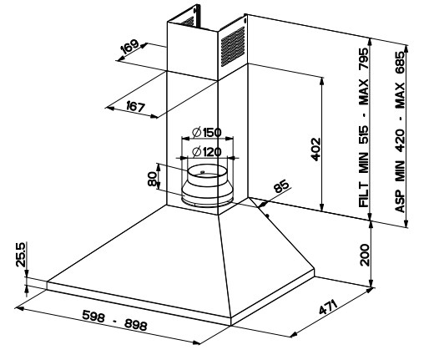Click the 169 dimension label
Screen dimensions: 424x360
click(129, 47)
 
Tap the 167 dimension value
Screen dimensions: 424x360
click(136, 107)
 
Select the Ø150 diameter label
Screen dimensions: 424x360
click(207, 133)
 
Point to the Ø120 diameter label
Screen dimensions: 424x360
click(207, 152)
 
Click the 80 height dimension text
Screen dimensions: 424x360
click(152, 179)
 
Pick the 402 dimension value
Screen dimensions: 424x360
click(315, 149)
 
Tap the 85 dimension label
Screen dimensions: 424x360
click(281, 186)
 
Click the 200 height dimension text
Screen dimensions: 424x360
click(364, 255)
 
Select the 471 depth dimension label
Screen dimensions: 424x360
click(328, 307)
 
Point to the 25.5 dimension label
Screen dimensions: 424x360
click(21, 255)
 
